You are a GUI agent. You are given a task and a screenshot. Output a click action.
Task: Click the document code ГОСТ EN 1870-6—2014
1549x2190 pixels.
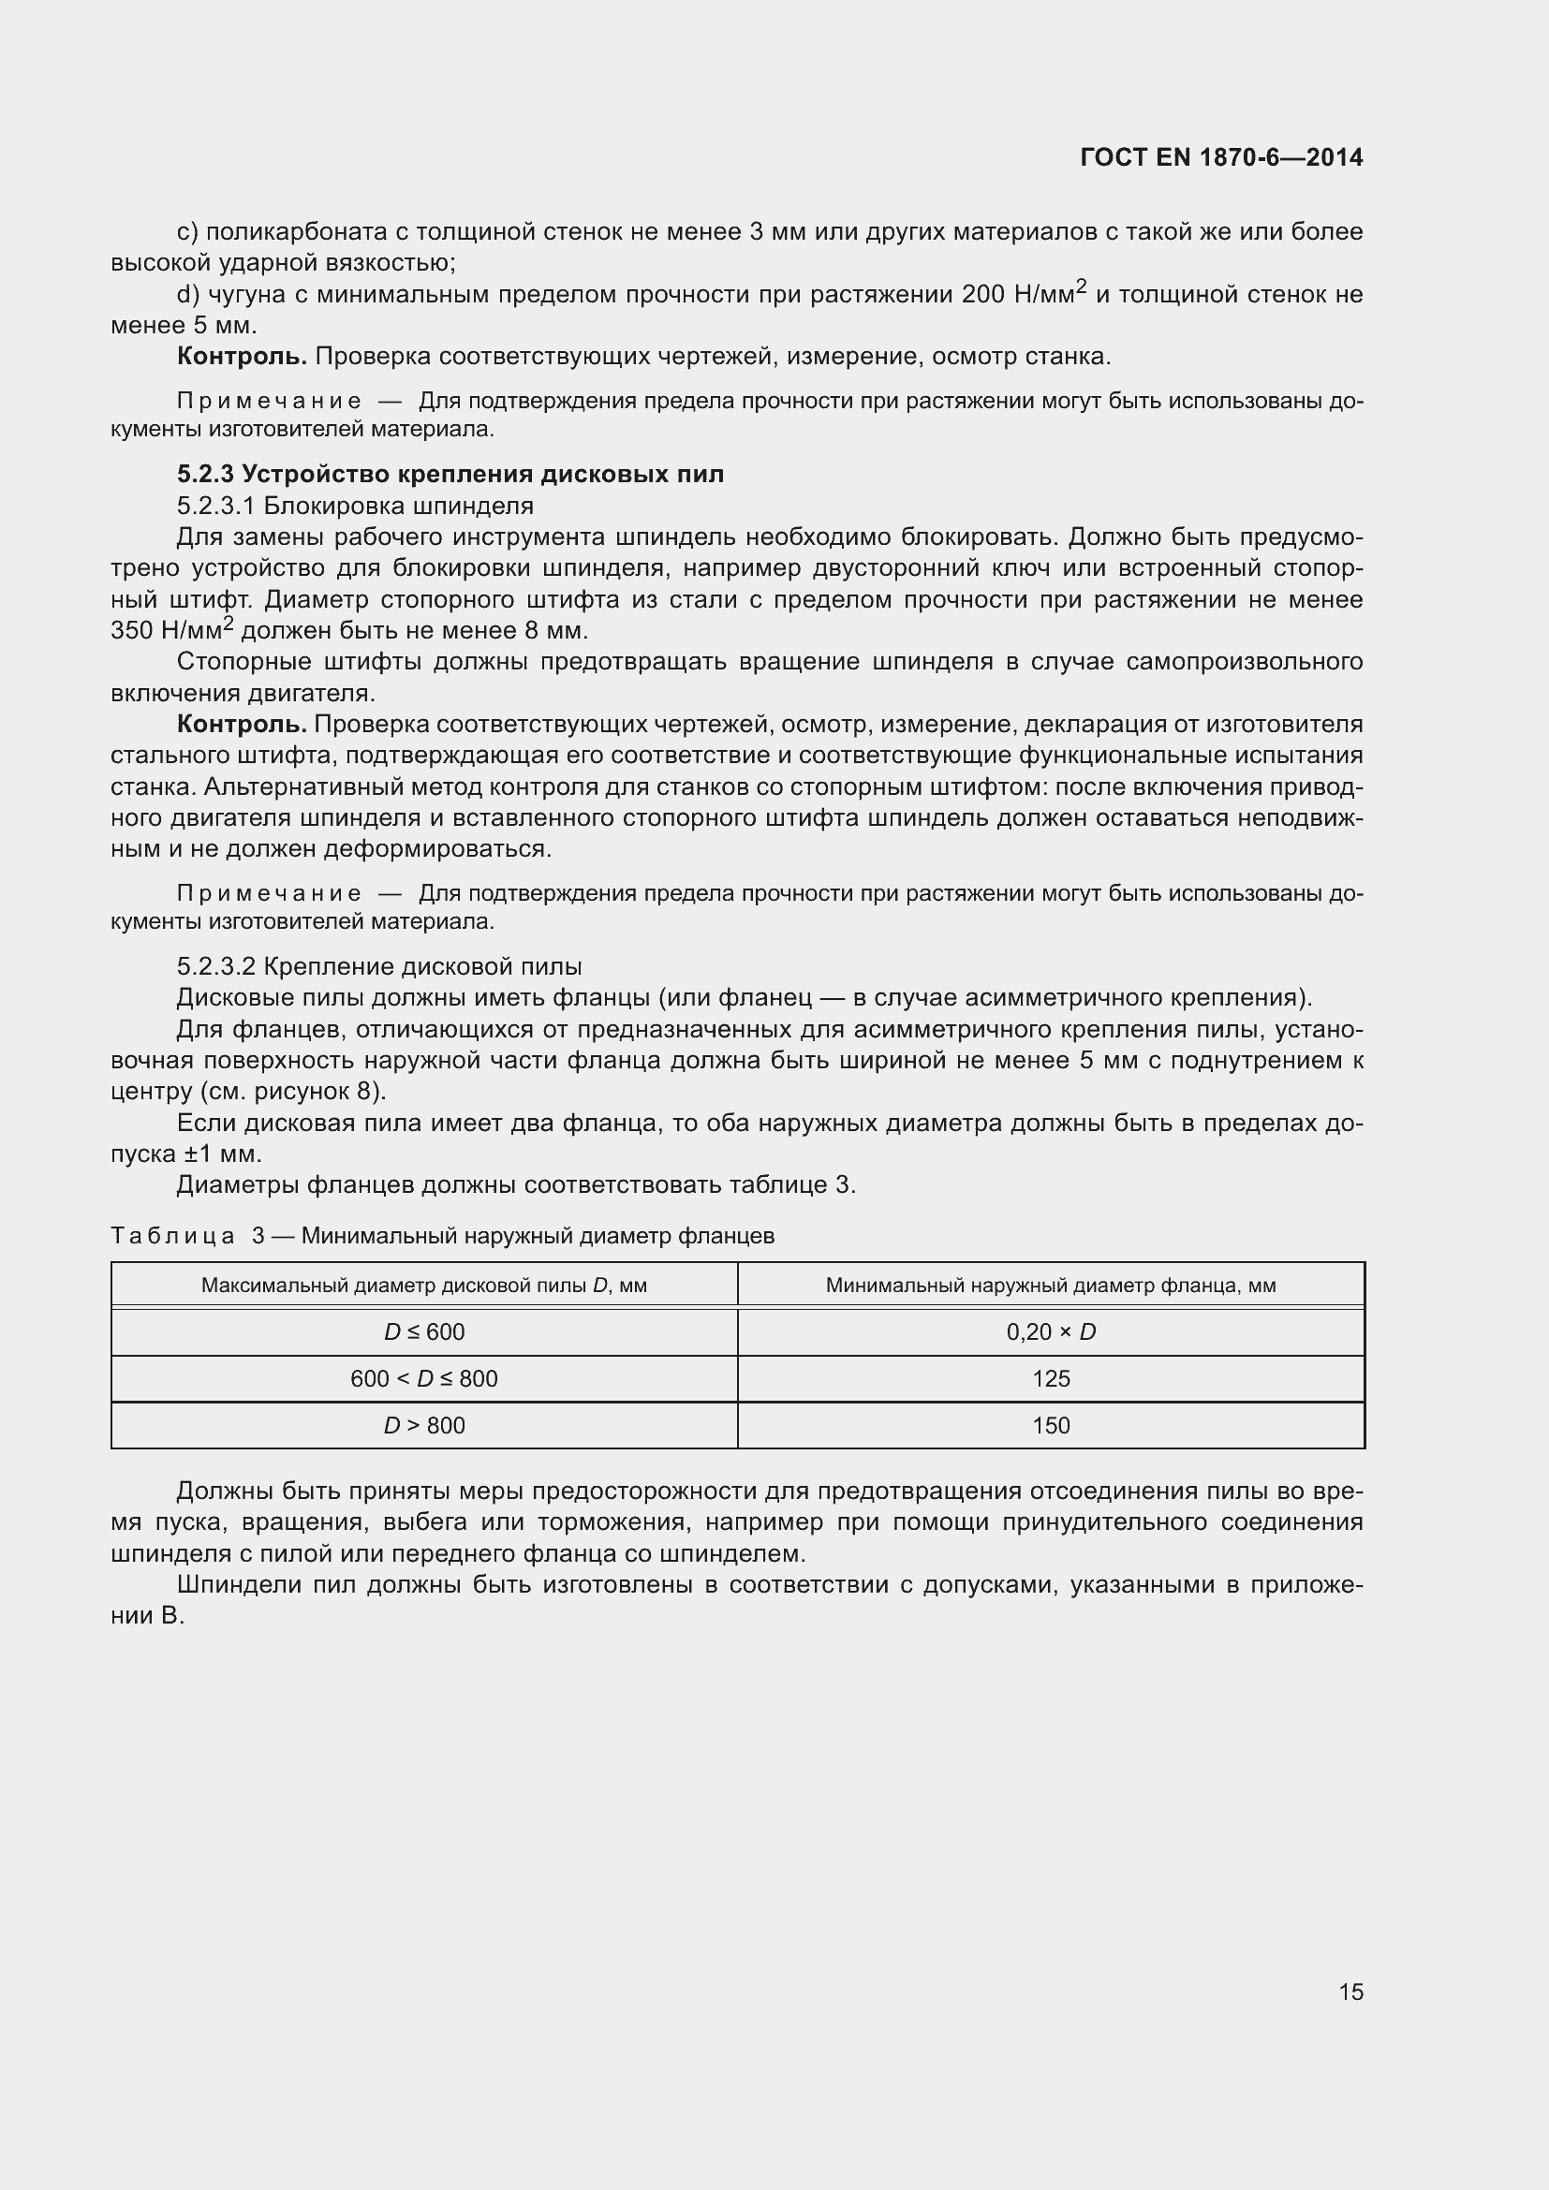click(1221, 157)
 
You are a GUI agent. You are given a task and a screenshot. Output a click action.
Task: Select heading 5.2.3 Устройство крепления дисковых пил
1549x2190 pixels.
click(450, 474)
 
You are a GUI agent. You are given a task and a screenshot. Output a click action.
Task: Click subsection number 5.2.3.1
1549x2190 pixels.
click(216, 506)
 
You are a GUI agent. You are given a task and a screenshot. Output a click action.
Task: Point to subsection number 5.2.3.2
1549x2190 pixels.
click(216, 966)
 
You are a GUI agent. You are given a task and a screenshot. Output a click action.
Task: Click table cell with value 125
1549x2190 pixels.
click(1051, 1378)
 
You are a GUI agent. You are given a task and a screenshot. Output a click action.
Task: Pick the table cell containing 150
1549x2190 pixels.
click(1051, 1425)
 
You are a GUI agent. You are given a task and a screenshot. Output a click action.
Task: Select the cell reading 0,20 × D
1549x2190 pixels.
click(1051, 1331)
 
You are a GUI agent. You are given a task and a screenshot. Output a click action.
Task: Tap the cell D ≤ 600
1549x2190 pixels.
click(424, 1331)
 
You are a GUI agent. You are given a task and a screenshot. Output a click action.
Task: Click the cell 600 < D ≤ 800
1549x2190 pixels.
click(424, 1378)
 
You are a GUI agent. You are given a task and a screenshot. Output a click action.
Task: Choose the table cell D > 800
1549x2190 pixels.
click(424, 1425)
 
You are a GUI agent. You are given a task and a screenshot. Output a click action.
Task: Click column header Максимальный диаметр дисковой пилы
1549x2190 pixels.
click(424, 1285)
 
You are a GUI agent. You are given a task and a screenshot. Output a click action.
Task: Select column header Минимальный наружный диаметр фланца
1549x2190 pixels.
click(1051, 1285)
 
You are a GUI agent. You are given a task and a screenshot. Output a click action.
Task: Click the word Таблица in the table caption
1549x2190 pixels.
click(172, 1236)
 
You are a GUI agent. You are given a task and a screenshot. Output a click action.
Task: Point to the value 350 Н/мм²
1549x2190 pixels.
click(171, 630)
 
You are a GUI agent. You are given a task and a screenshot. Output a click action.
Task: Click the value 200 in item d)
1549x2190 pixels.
click(983, 295)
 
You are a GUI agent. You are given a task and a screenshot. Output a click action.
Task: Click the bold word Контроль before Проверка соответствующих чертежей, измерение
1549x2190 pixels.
click(242, 357)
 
